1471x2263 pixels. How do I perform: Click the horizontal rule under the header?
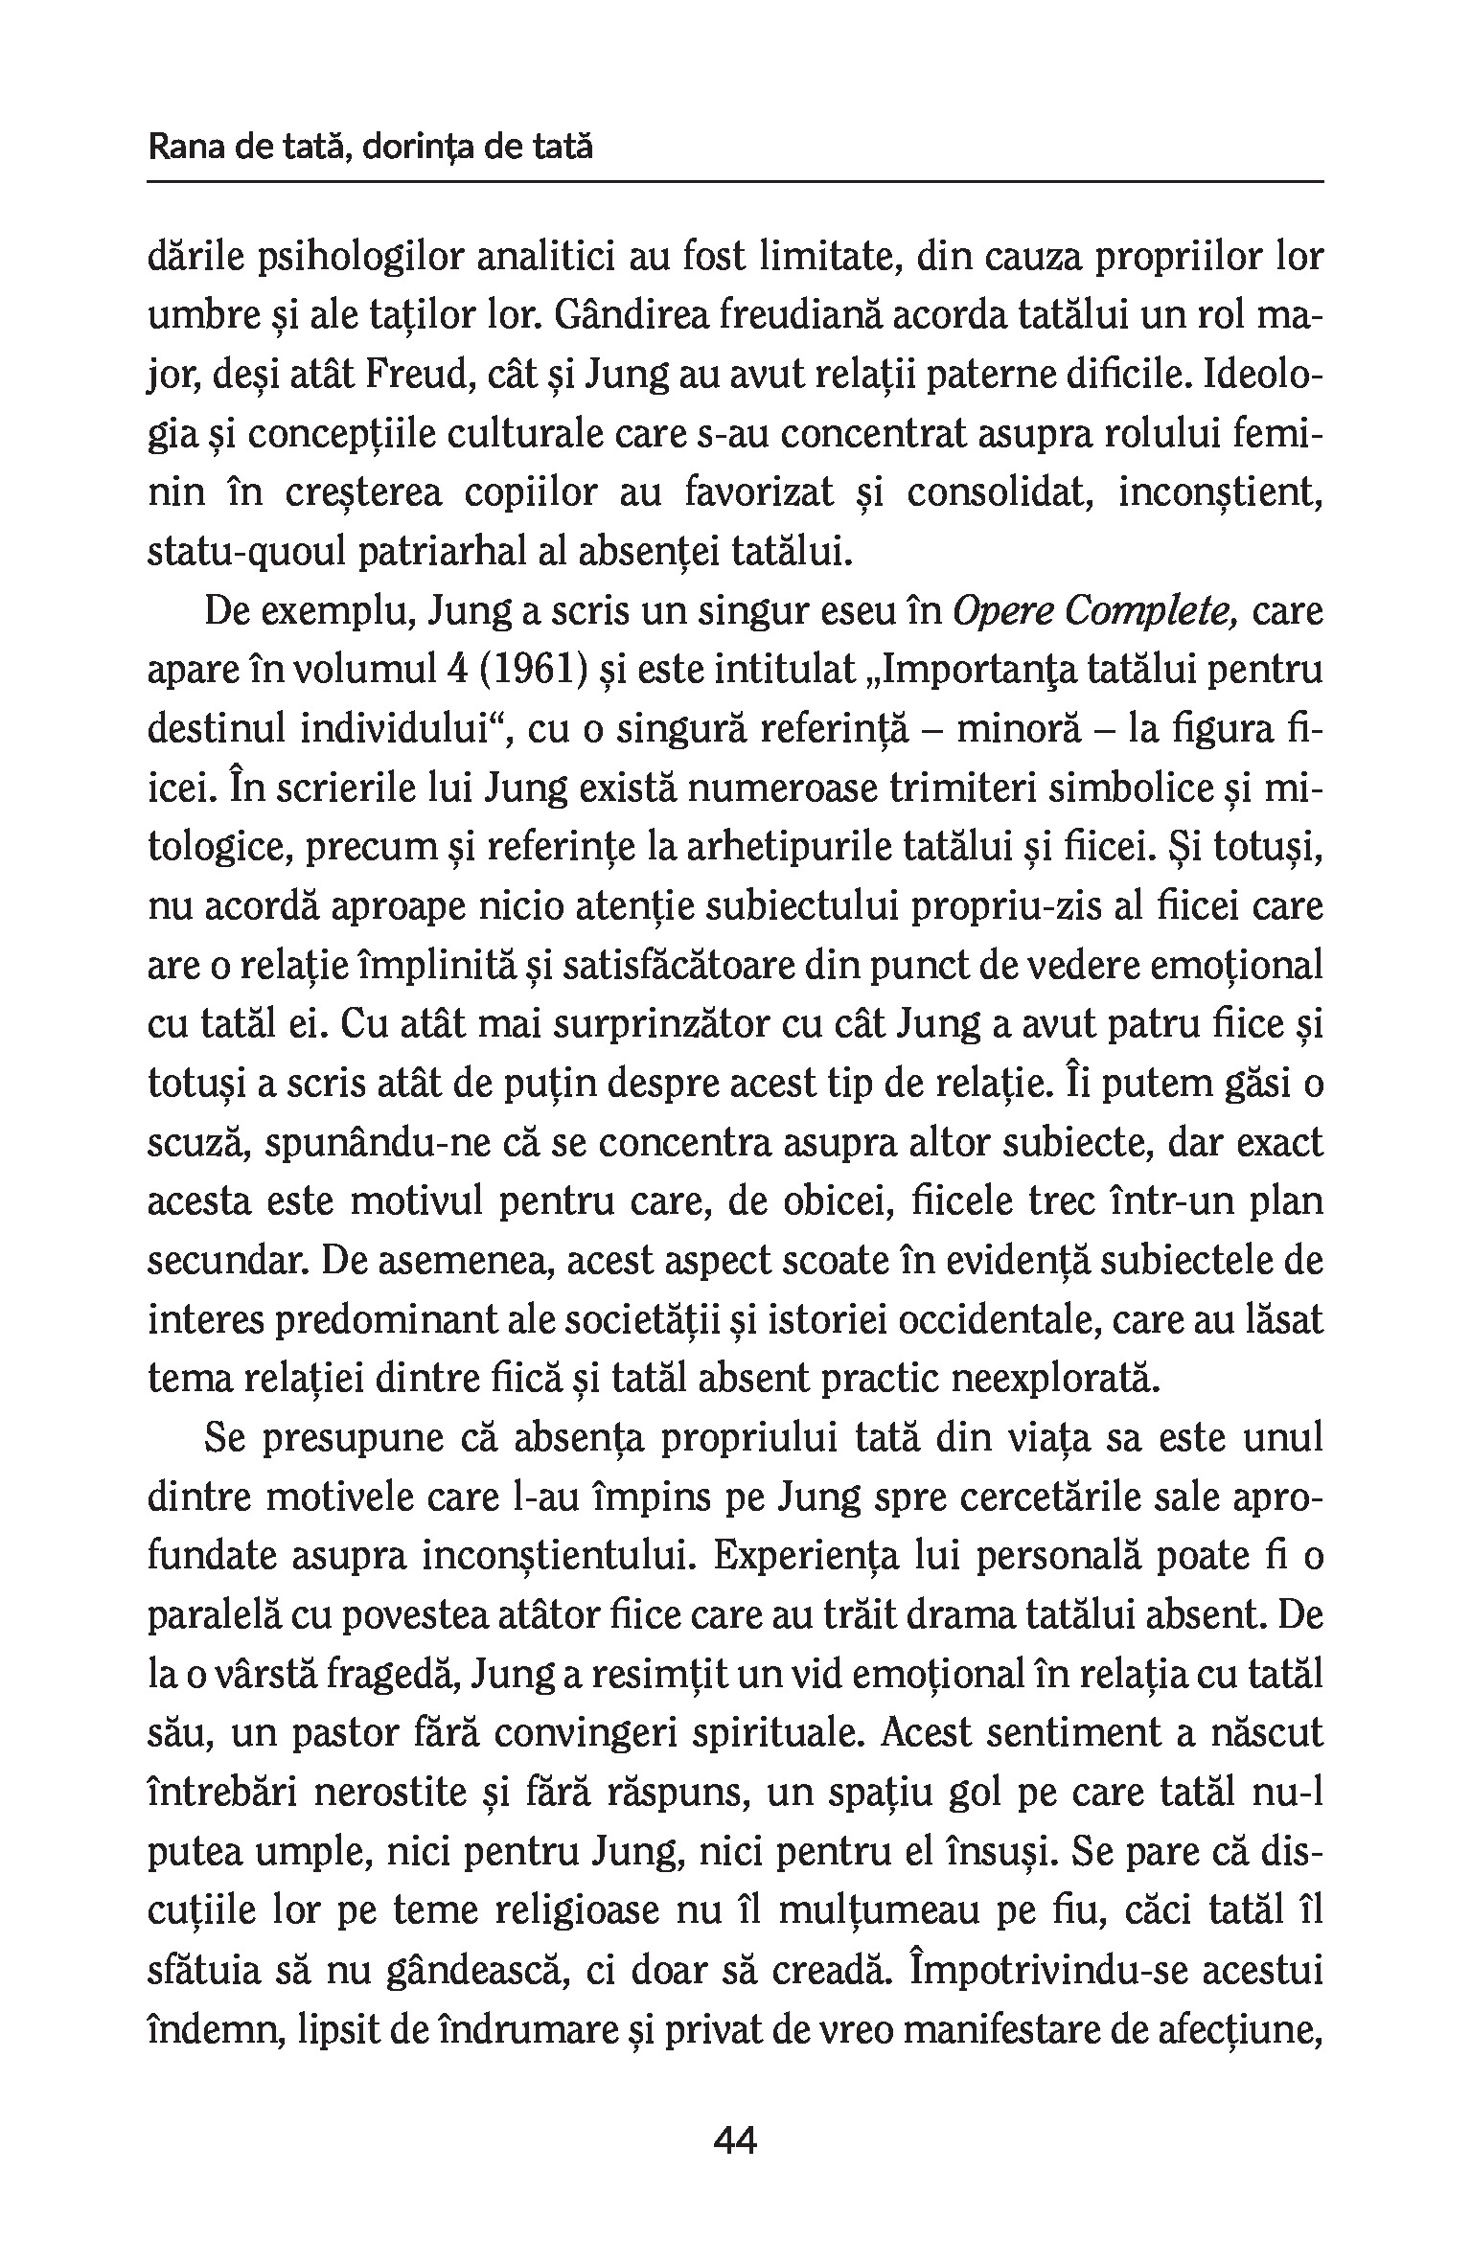tap(735, 181)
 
